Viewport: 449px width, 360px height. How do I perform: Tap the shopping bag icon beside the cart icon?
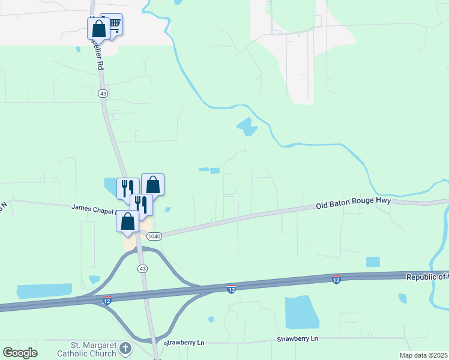click(98, 28)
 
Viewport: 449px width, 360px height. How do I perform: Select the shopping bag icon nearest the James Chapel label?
click(128, 221)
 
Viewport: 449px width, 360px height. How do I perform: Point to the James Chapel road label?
click(93, 208)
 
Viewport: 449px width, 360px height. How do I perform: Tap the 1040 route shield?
click(154, 236)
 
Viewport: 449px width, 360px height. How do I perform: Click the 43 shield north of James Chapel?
click(103, 94)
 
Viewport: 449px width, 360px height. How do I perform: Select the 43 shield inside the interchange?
click(142, 268)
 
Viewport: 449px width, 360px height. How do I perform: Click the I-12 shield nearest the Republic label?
click(336, 279)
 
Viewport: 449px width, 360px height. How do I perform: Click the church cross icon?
click(125, 348)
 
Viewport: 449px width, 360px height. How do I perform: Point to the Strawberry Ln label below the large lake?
click(297, 339)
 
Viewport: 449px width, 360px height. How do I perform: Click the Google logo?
click(20, 353)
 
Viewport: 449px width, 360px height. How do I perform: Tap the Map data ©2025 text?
click(424, 355)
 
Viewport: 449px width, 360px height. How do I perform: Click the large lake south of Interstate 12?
click(302, 312)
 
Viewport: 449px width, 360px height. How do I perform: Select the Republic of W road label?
click(427, 277)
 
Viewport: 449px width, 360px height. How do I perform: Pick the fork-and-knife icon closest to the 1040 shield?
click(141, 203)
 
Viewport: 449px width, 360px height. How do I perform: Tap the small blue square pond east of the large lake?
click(373, 262)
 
